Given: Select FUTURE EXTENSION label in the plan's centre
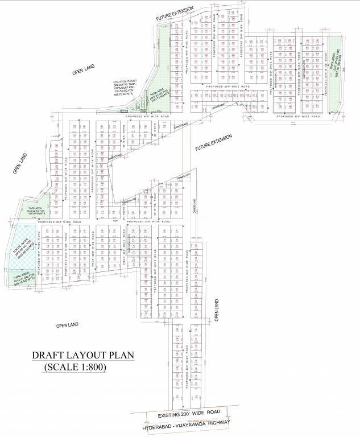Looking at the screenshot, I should (x=214, y=143).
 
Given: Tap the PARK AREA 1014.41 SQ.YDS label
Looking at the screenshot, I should (x=23, y=283).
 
